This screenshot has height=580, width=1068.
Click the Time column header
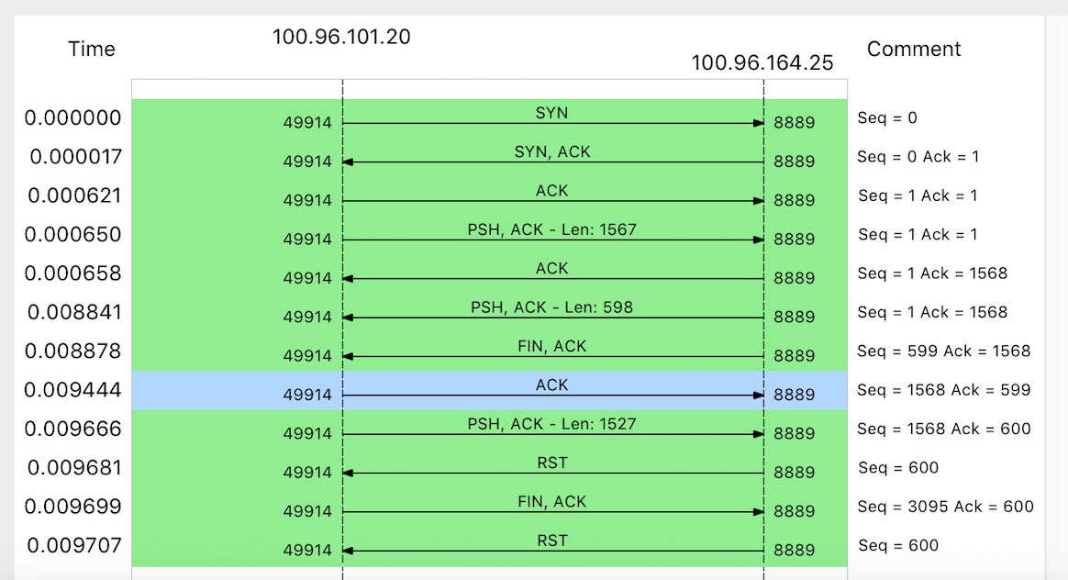[x=92, y=50]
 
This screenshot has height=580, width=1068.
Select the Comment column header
[x=914, y=50]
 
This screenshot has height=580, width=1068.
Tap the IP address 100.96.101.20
[x=341, y=38]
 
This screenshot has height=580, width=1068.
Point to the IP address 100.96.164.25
[x=762, y=63]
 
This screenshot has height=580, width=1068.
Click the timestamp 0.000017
[x=75, y=157]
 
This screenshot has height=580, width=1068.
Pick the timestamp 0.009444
[x=72, y=390]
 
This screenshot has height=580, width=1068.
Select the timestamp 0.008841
[x=73, y=312]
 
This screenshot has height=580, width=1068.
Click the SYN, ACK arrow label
[x=552, y=151]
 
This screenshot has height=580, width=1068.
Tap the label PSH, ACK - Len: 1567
[x=552, y=229]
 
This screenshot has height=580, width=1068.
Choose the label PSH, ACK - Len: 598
[x=552, y=307]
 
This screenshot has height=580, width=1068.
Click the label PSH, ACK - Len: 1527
[x=552, y=424]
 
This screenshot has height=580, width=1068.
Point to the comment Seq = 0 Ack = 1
[x=918, y=157]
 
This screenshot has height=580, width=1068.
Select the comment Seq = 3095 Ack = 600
[x=945, y=507]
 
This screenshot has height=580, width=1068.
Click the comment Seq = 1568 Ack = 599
[x=944, y=390]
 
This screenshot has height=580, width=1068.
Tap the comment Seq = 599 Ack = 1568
[x=944, y=351]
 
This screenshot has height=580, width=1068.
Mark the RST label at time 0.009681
[x=552, y=463]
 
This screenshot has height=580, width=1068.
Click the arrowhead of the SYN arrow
[x=759, y=123]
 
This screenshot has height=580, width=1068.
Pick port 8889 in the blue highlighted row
[x=795, y=395]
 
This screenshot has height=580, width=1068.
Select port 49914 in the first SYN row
[x=307, y=123]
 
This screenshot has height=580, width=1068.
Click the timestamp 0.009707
[x=74, y=546]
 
